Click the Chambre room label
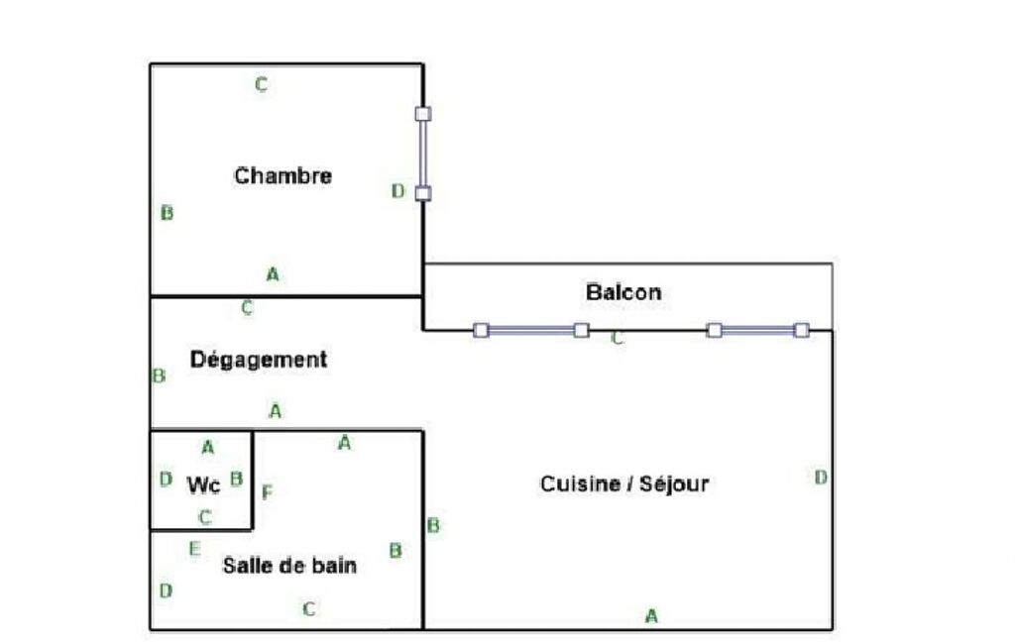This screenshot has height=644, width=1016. pyautogui.click(x=282, y=176)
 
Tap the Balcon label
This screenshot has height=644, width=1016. pyautogui.click(x=622, y=293)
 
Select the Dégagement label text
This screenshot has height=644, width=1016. pyautogui.click(x=259, y=360)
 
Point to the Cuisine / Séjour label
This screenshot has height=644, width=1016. pyautogui.click(x=624, y=484)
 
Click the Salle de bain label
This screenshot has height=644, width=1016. pyautogui.click(x=289, y=566)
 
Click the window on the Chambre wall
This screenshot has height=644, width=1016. pyautogui.click(x=423, y=154)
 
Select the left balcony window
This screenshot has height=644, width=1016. pyautogui.click(x=531, y=330)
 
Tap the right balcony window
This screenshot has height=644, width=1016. pyautogui.click(x=757, y=330)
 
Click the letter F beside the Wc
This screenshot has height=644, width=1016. pyautogui.click(x=266, y=491)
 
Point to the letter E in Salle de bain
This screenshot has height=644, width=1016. pyautogui.click(x=194, y=548)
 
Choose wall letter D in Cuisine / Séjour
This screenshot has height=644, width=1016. pyautogui.click(x=821, y=478)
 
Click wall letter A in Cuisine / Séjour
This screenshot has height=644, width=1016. pyautogui.click(x=651, y=616)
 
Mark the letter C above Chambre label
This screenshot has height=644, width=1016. pyautogui.click(x=261, y=85)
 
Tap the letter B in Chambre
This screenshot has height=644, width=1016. pyautogui.click(x=167, y=213)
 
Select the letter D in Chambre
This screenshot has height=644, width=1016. pyautogui.click(x=397, y=191)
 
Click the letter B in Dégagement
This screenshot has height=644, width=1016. pyautogui.click(x=159, y=376)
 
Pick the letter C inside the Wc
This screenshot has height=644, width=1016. pyautogui.click(x=205, y=517)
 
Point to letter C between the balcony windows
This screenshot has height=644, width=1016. pyautogui.click(x=618, y=339)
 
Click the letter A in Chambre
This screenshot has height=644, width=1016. pyautogui.click(x=273, y=274)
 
